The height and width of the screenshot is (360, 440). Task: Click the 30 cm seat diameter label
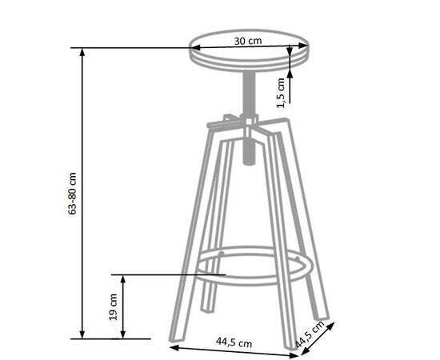248,41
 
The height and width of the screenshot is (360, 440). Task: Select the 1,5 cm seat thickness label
281,93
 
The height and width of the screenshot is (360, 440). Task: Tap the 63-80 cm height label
72,194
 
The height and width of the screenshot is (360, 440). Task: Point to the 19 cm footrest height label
113,307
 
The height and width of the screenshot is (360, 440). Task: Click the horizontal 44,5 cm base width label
234,342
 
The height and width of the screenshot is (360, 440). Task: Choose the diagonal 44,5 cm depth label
310,334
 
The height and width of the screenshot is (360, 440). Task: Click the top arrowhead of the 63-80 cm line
82,52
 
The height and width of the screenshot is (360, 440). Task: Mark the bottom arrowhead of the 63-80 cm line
82,334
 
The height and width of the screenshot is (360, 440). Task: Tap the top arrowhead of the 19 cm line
123,279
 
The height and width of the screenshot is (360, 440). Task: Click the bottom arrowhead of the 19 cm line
123,334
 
